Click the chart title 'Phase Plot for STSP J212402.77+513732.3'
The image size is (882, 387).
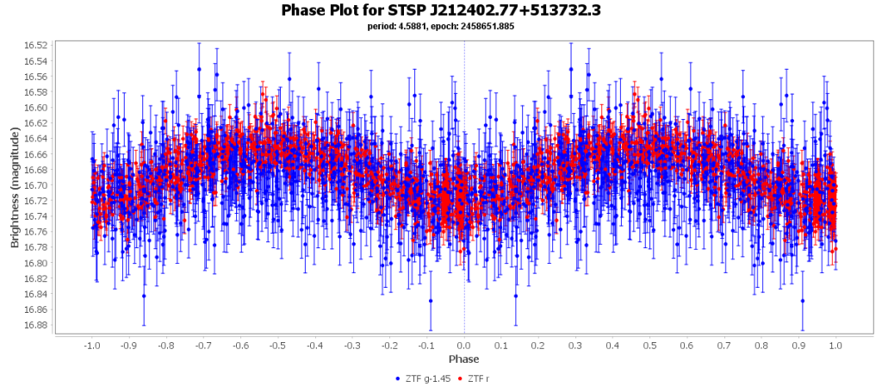pyautogui.click(x=440, y=10)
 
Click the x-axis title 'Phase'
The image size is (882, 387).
pyautogui.click(x=464, y=359)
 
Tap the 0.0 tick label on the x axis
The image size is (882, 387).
pyautogui.click(x=464, y=345)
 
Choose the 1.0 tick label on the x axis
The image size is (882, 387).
pyautogui.click(x=835, y=345)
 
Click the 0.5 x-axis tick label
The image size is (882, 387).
pyautogui.click(x=649, y=345)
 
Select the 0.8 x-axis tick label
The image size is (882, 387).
pyautogui.click(x=761, y=345)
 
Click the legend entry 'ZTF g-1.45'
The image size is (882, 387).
pyautogui.click(x=427, y=378)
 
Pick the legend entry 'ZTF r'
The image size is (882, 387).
pyautogui.click(x=479, y=378)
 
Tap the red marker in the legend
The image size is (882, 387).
pyautogui.click(x=461, y=378)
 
